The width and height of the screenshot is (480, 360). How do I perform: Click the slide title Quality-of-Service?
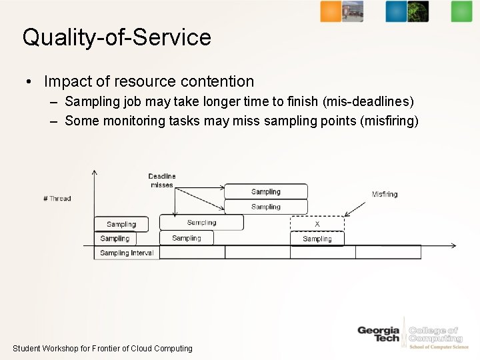tap(117, 37)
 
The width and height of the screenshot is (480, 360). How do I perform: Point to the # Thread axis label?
tap(57, 199)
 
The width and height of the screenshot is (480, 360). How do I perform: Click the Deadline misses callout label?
tap(162, 181)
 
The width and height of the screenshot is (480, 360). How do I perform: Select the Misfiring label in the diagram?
tap(385, 195)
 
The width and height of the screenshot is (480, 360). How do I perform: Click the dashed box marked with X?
tap(317, 224)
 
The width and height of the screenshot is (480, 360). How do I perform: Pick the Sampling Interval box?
tap(127, 253)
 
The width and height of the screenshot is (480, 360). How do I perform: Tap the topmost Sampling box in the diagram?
tap(266, 191)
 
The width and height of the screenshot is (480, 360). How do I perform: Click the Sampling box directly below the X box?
tap(317, 239)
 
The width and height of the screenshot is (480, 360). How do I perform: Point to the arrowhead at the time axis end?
tap(454, 246)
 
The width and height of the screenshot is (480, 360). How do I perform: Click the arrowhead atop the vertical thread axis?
tap(95, 173)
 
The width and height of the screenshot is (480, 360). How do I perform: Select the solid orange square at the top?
tap(330, 11)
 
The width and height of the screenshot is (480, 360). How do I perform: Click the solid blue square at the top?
tap(395, 11)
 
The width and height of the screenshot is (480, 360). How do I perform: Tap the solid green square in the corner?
tap(461, 11)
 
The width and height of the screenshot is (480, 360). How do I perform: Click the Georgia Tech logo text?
tap(378, 334)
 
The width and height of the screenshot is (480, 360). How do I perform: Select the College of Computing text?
tap(435, 335)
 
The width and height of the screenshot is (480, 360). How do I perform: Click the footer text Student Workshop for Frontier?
tap(102, 349)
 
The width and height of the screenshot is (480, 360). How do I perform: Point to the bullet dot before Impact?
tap(29, 82)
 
